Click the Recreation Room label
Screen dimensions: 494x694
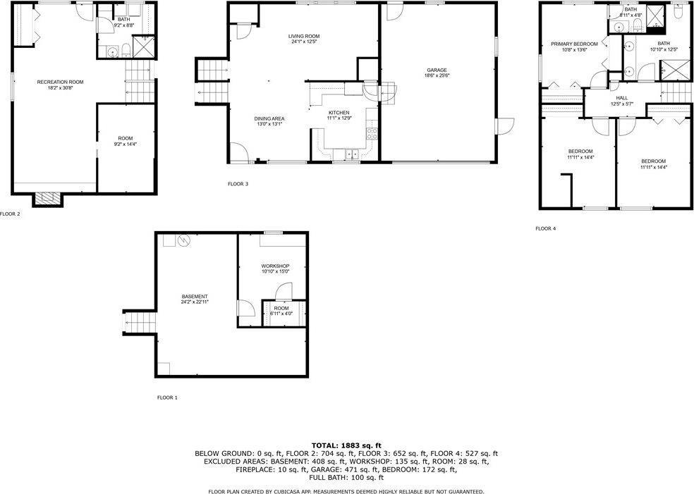60,82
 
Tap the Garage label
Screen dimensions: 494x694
437,70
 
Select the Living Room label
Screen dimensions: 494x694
304,37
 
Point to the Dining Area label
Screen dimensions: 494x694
269,118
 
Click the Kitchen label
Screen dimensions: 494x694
339,113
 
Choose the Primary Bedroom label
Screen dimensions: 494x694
574,44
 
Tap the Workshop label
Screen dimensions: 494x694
275,266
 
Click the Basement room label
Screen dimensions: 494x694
194,296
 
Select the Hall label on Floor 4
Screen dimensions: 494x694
621,98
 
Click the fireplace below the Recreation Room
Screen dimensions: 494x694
48,199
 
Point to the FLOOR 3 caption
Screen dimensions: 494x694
238,184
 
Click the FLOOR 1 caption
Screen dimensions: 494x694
167,397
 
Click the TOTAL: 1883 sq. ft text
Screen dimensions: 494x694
346,445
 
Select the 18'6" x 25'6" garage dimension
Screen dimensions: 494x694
437,76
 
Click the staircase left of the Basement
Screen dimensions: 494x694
140,322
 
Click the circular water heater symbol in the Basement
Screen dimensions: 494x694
185,241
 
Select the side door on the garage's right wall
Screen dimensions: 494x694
504,125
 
